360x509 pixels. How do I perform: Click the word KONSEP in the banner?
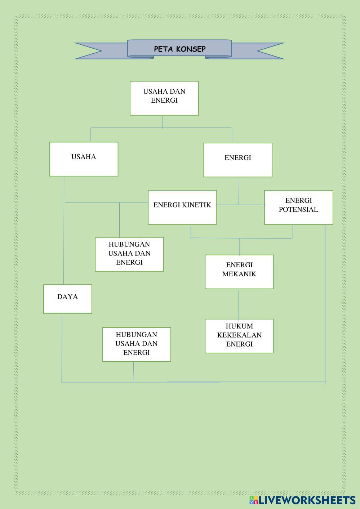(191, 49)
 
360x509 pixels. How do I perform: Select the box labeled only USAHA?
(84, 159)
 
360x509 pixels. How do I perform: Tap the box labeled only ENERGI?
(237, 160)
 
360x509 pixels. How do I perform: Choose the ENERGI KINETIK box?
(182, 207)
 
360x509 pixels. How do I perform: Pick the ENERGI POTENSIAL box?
(298, 207)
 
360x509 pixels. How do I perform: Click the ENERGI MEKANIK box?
(239, 272)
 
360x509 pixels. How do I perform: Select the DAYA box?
(67, 299)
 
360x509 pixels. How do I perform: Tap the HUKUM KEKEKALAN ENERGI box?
(239, 336)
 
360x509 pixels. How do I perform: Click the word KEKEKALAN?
(239, 335)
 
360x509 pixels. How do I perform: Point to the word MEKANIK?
(239, 274)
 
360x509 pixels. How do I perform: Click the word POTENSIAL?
(298, 209)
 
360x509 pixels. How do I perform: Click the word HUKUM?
(239, 326)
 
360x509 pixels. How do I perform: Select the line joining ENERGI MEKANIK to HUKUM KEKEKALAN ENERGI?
(239, 304)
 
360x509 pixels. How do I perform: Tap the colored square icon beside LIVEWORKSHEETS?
(254, 500)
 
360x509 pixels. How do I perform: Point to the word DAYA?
(67, 297)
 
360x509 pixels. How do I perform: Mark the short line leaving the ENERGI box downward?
(239, 191)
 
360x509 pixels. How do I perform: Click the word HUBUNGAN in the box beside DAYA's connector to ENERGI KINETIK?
(129, 244)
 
